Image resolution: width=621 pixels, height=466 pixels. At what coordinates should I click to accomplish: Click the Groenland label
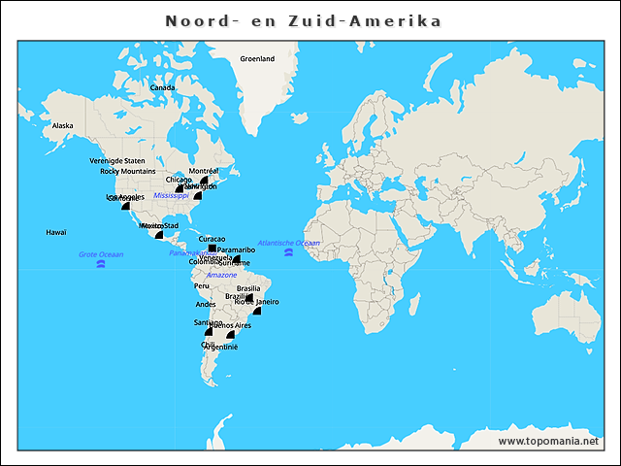(x=257, y=58)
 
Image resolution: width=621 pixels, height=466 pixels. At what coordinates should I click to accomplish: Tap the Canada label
(x=163, y=87)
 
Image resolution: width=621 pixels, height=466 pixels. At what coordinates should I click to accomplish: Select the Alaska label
(x=63, y=125)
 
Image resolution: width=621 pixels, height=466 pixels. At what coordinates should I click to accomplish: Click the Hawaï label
(x=56, y=232)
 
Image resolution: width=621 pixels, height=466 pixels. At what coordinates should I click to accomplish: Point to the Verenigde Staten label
(x=117, y=160)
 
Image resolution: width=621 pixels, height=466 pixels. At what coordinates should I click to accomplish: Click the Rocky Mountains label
(x=128, y=171)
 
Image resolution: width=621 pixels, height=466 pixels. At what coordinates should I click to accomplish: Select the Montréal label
(x=204, y=171)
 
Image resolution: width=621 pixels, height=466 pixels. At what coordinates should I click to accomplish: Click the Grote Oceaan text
(x=101, y=254)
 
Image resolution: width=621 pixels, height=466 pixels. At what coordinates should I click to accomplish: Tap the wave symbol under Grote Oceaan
(x=101, y=264)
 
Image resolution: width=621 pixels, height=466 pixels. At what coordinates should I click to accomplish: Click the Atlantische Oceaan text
(x=288, y=243)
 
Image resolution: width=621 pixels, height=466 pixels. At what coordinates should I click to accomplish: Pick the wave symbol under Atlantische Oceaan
(x=288, y=252)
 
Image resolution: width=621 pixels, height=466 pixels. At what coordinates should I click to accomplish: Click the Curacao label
(x=212, y=239)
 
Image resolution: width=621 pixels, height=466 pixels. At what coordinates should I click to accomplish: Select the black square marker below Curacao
(x=212, y=249)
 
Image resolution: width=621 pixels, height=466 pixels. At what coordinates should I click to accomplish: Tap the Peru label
(x=202, y=286)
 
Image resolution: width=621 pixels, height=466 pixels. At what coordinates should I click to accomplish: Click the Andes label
(x=206, y=305)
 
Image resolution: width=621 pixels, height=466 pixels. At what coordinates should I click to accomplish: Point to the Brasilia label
(x=248, y=288)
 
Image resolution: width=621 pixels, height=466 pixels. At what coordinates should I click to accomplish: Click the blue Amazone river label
(x=221, y=275)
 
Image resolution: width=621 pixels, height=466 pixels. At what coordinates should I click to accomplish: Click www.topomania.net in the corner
(x=547, y=441)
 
